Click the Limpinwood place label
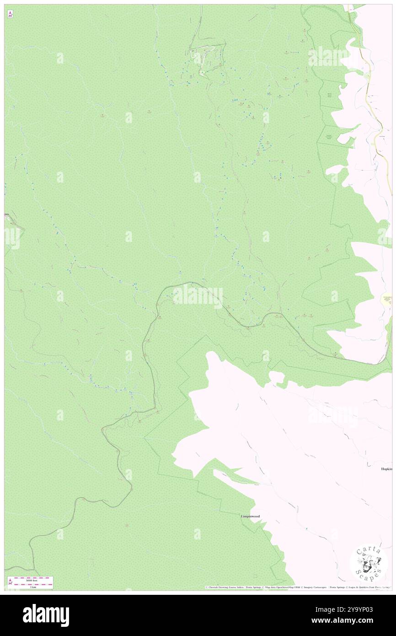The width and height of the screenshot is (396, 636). (250, 516)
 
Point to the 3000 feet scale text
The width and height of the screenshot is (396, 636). (32, 580)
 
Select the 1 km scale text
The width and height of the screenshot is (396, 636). (32, 587)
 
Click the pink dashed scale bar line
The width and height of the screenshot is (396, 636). (32, 583)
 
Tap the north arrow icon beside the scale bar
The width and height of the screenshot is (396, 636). (10, 582)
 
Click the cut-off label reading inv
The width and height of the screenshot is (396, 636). (7, 214)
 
